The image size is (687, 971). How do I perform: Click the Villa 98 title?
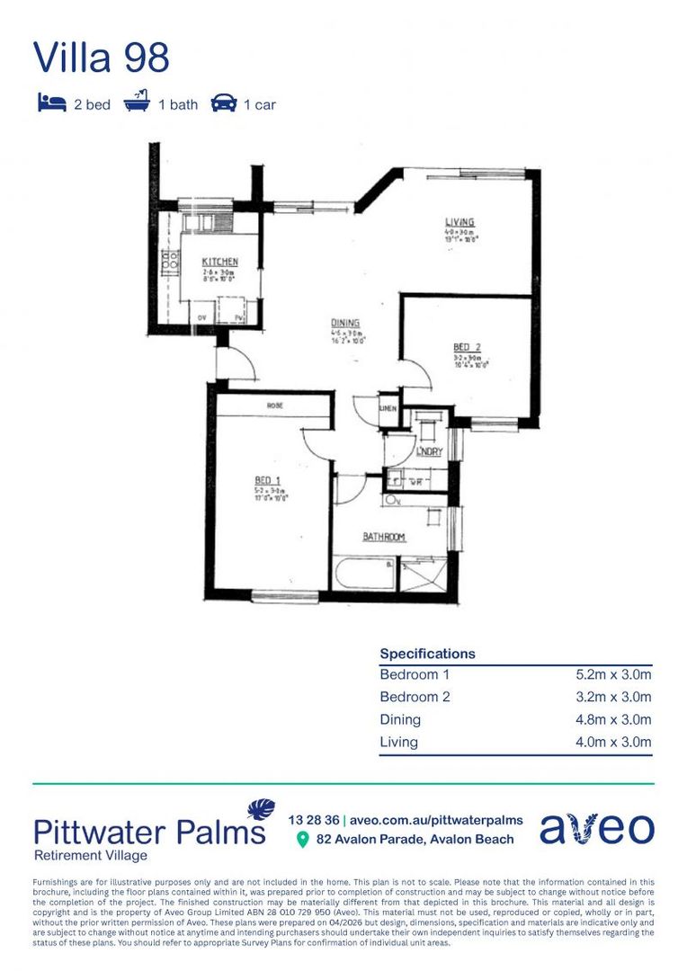101,58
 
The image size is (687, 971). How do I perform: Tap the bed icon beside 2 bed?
51,103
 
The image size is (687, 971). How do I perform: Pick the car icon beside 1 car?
223,104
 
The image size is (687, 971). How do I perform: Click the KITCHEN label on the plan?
219,262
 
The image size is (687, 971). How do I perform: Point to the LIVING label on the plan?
459,222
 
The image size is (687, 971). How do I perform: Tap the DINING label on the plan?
344,324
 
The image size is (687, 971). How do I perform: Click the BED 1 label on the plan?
267,481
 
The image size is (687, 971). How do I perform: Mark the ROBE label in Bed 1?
274,406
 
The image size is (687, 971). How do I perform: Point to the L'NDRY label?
429,451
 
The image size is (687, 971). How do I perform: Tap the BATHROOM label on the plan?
384,538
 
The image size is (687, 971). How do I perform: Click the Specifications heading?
427,654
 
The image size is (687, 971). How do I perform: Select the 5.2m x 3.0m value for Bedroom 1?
613,674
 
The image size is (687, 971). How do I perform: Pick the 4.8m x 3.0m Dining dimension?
613,719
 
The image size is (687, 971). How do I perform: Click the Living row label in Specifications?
398,742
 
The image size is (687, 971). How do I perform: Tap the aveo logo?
596,829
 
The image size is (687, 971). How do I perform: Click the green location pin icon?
302,840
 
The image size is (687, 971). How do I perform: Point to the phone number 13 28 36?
314,820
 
